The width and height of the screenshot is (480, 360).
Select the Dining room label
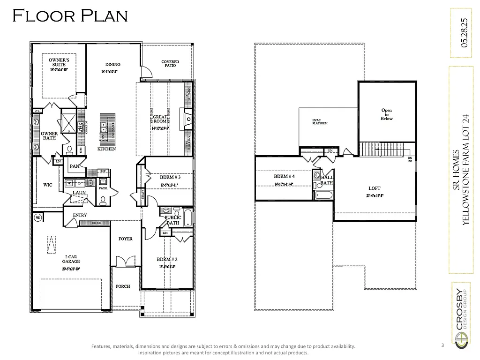click(x=112, y=65)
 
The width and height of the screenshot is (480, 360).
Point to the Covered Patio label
click(x=170, y=63)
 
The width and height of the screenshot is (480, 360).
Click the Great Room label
click(x=160, y=119)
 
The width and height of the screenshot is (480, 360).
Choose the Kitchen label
click(x=106, y=149)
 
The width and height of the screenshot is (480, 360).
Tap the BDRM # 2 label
click(x=167, y=259)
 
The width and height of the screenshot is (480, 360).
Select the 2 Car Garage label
click(x=72, y=259)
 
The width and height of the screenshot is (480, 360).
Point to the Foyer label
click(x=125, y=239)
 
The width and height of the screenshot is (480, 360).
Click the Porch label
click(x=123, y=286)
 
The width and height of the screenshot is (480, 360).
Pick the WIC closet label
click(x=48, y=185)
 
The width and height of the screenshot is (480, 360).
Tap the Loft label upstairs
click(x=374, y=187)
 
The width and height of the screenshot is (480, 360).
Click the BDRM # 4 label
click(x=285, y=177)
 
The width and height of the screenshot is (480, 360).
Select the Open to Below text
click(x=387, y=114)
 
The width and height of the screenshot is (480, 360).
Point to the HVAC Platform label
click(x=320, y=122)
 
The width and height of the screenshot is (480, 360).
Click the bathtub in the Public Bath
click(x=187, y=218)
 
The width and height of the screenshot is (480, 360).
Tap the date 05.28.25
click(x=464, y=33)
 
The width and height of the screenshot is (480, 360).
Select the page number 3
click(x=442, y=345)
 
